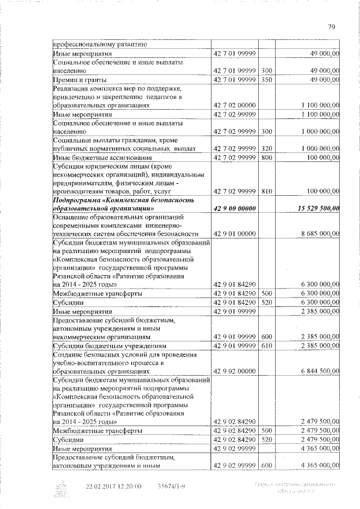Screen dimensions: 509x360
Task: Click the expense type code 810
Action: pyautogui.click(x=267, y=191)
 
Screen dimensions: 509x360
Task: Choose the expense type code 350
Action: pyautogui.click(x=267, y=80)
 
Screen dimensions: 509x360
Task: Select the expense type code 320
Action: pyautogui.click(x=267, y=148)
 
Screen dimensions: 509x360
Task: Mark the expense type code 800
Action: pyautogui.click(x=267, y=157)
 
